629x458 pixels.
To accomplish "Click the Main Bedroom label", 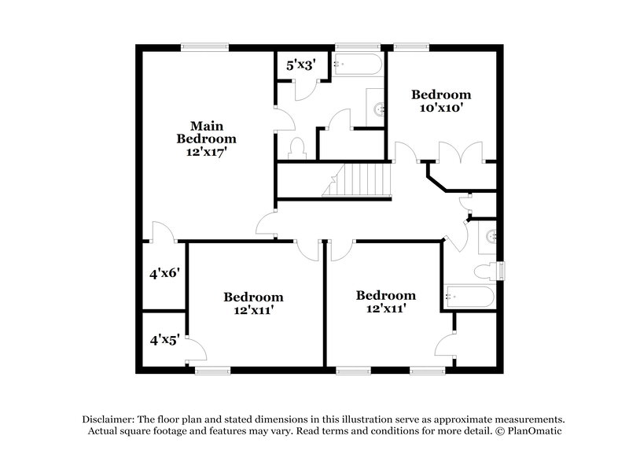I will click(206, 131).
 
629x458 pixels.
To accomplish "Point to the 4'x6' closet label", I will click(166, 274).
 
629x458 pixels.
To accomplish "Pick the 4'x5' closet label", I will click(165, 340).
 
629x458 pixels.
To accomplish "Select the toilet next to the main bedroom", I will click(297, 147).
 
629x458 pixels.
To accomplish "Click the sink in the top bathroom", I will click(377, 108).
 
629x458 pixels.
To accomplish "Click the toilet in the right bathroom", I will click(487, 271).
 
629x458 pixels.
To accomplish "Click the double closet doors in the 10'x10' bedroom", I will click(461, 153).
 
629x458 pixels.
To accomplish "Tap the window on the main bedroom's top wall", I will click(205, 47).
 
